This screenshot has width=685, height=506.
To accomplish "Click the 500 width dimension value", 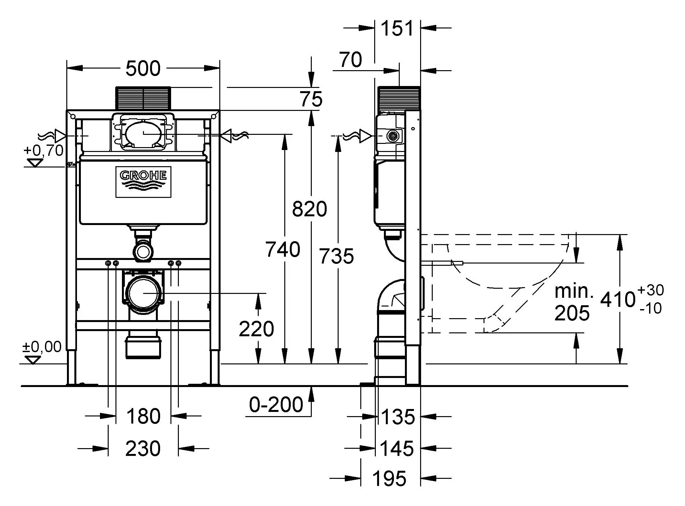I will pos(143,69).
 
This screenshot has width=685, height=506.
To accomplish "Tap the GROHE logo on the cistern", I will pos(143,182).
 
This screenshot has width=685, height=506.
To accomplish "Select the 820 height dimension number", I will pos(309,209).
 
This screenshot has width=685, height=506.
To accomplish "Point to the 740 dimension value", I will pos(282,250).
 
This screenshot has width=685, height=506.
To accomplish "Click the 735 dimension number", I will pos(336,256).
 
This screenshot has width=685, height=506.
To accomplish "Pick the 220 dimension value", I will pos(256,329).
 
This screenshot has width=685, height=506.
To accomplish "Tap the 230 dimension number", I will pos(143,449).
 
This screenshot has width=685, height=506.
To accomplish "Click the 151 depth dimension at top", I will pos(397,28).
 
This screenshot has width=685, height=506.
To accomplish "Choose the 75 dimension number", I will pos(311,99).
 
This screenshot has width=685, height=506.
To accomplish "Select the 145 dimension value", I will pos(397,449).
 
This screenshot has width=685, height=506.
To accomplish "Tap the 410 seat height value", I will pos(617,299).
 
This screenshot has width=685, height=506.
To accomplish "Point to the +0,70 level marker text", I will pos(43,151).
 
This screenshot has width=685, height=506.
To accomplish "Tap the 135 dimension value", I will pos(398,417).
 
